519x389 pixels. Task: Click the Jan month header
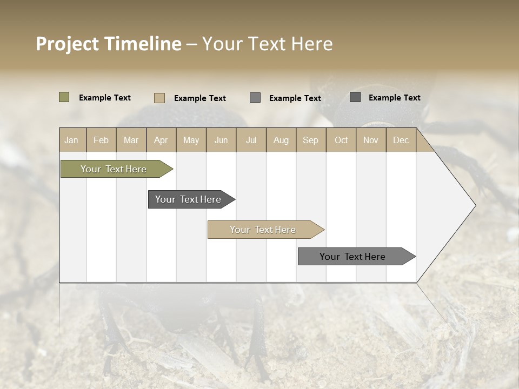pyautogui.click(x=71, y=140)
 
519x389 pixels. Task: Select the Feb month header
pyautogui.click(x=101, y=140)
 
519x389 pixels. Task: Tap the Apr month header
pyautogui.click(x=161, y=140)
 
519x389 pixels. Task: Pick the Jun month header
pyautogui.click(x=221, y=140)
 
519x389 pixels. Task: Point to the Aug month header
pyautogui.click(x=281, y=140)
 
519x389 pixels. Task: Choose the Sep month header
pyautogui.click(x=310, y=140)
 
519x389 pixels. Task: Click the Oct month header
pyautogui.click(x=341, y=140)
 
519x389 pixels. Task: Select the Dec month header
pyautogui.click(x=401, y=140)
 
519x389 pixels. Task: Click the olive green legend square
pyautogui.click(x=64, y=97)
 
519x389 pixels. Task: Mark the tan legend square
pyautogui.click(x=159, y=98)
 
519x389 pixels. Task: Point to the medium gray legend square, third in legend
pyautogui.click(x=255, y=98)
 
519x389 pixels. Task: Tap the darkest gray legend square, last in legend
pyautogui.click(x=355, y=97)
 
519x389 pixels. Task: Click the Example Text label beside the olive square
pyautogui.click(x=105, y=98)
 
